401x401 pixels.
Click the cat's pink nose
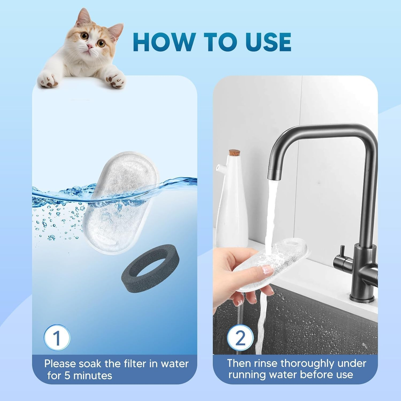(90, 46)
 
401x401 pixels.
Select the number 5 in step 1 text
(67, 376)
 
